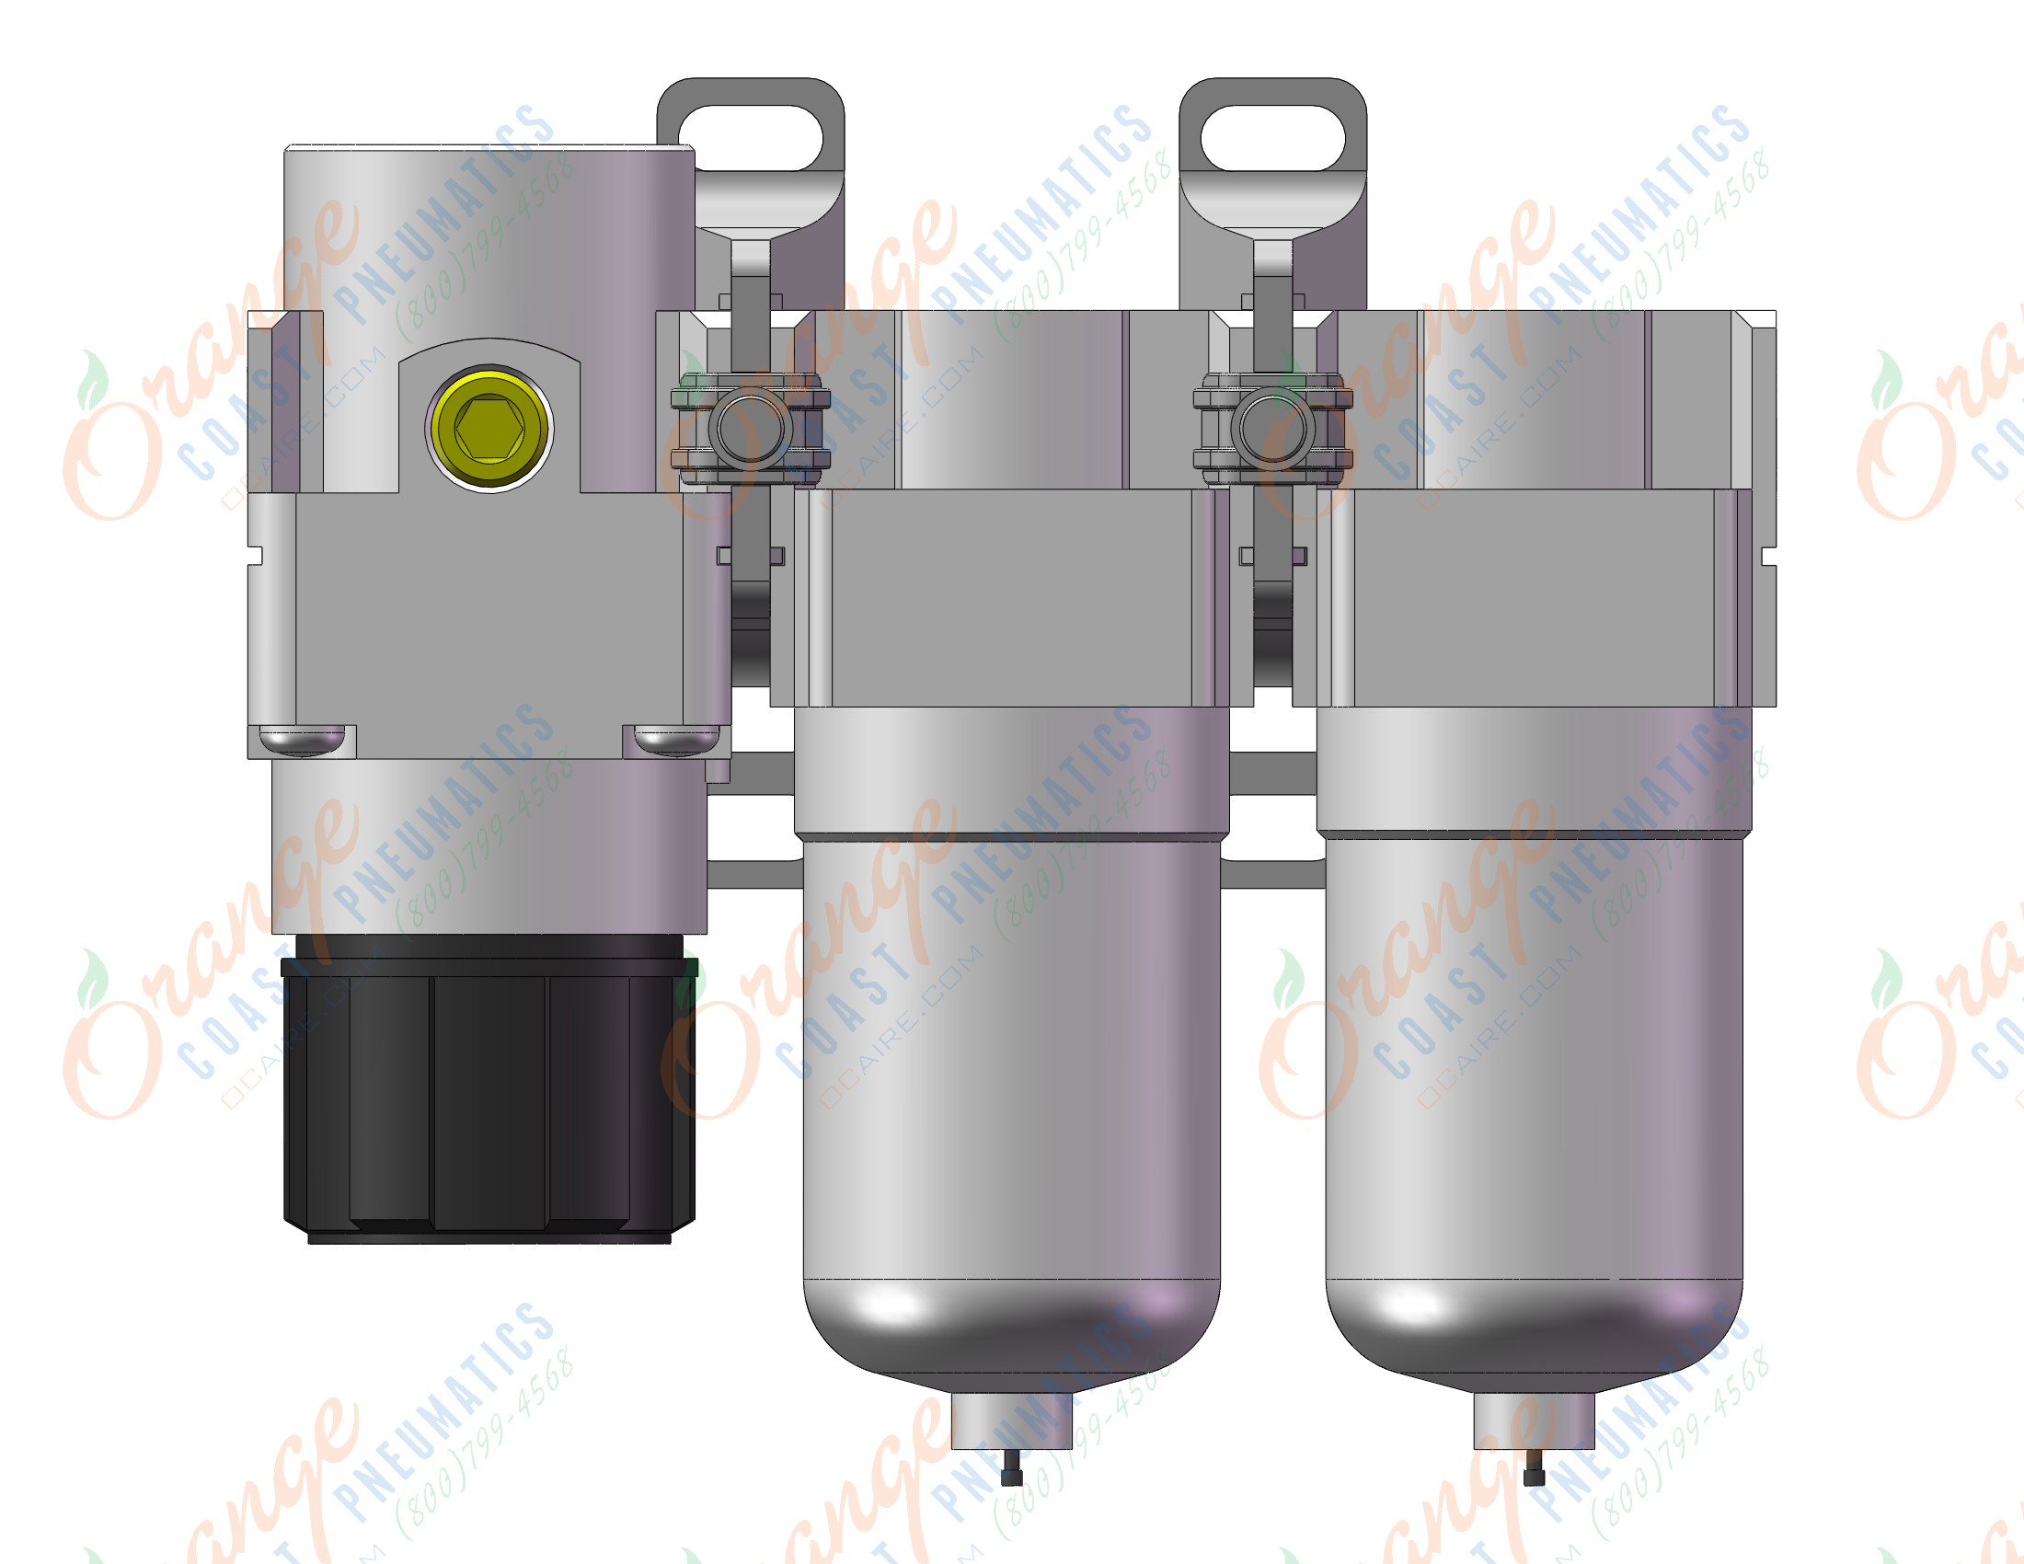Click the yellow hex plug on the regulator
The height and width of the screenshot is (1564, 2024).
point(489,428)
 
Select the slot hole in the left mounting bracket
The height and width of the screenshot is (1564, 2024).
point(752,138)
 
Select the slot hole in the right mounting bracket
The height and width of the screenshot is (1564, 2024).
point(1272,138)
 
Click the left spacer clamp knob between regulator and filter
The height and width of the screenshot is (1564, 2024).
point(749,430)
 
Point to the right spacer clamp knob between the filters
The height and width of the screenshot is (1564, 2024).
point(1271,430)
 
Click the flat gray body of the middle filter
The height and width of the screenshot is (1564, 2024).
point(1011,598)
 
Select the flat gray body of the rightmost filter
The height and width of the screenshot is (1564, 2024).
point(1534,598)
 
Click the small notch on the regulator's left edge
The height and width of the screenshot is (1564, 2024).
point(257,555)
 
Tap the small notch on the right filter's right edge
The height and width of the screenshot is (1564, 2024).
point(1768,556)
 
